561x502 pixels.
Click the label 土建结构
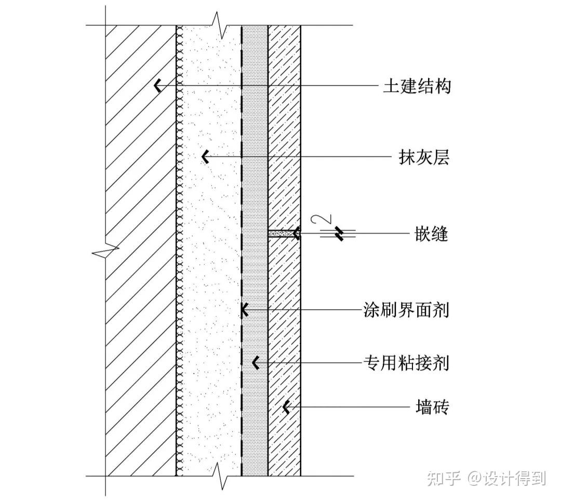[417, 86]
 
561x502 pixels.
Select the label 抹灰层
[423, 157]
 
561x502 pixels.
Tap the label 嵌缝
[431, 234]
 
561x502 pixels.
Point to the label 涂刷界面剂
[406, 310]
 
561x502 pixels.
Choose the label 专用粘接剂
[406, 363]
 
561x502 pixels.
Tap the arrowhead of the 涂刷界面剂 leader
[243, 310]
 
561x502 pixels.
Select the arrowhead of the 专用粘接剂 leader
[255, 363]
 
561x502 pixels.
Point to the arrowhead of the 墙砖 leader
[286, 407]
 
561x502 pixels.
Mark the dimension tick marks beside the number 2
[339, 234]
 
